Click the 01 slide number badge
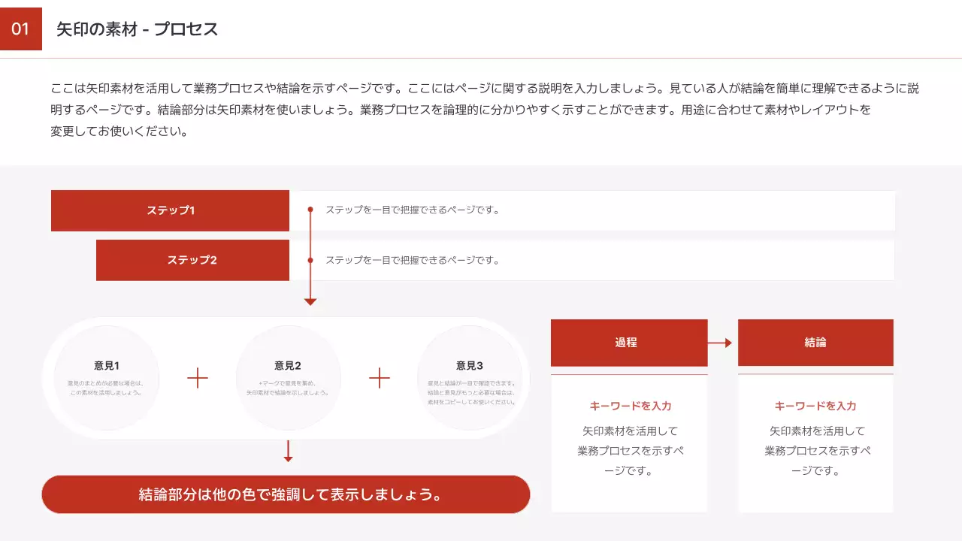tap(20, 29)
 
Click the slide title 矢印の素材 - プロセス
tap(138, 29)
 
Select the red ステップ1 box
tap(170, 210)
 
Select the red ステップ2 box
tap(192, 260)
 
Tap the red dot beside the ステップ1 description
tap(310, 210)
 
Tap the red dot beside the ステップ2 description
tap(310, 260)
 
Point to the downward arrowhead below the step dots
tap(310, 301)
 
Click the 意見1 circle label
tap(107, 366)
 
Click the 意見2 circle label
tap(288, 366)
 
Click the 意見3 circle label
tap(470, 366)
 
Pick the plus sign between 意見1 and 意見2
tap(198, 378)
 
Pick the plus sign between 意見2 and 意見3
tap(380, 378)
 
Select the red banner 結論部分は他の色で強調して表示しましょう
tap(286, 494)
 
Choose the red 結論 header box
tap(815, 343)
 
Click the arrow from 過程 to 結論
tap(721, 343)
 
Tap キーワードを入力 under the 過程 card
tap(630, 406)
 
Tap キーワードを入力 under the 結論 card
tap(815, 406)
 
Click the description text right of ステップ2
tap(412, 260)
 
